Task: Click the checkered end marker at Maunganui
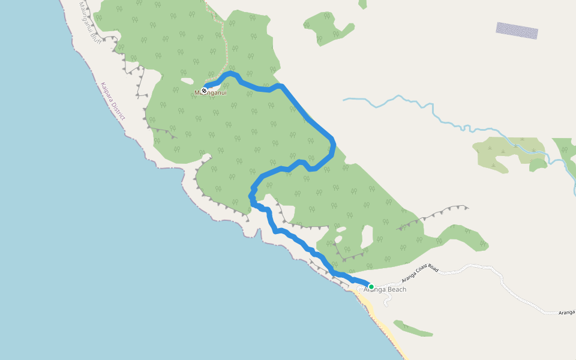tap(204, 91)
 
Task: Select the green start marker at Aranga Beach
tap(371, 287)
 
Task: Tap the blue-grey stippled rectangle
tap(517, 31)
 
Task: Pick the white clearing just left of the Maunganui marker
tap(187, 81)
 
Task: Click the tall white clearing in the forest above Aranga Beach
tap(367, 238)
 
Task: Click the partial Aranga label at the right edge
tap(567, 312)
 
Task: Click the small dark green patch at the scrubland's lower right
tap(538, 163)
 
